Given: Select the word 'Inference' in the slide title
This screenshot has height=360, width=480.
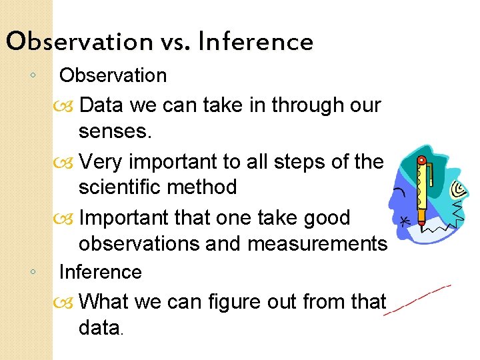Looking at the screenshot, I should pos(255,42).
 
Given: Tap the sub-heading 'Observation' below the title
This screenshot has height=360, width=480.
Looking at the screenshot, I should pos(113,75).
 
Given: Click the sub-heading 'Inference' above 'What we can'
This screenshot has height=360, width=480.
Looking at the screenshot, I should pos(100,272).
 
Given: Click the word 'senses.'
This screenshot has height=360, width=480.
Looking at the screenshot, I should pos(115,131).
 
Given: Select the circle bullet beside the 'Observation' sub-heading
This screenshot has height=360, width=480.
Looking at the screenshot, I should pos(33,75).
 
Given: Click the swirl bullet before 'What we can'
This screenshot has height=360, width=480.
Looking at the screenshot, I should pos(68,303).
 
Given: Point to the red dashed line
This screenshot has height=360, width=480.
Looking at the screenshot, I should pos(417,300).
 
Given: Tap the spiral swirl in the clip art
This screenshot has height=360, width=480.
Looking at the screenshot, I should pos(457,191).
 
